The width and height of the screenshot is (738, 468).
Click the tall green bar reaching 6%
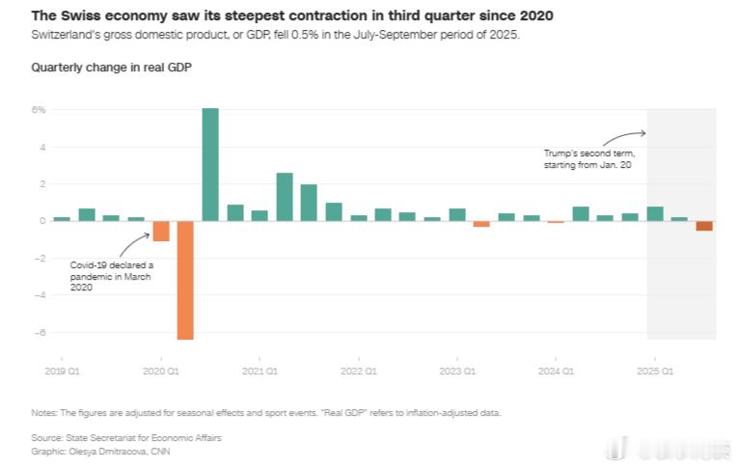[210, 164]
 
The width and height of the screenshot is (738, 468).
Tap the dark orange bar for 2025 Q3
[704, 226]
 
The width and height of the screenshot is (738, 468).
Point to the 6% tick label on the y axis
[39, 110]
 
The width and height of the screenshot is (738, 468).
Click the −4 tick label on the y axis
[40, 295]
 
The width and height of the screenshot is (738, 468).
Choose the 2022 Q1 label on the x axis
[358, 371]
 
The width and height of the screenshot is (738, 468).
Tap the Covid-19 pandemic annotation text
[112, 275]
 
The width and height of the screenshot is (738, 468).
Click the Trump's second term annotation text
[588, 159]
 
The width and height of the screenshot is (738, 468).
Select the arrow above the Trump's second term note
[630, 136]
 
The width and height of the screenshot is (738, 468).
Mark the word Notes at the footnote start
[44, 412]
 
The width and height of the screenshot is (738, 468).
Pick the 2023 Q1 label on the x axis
[457, 371]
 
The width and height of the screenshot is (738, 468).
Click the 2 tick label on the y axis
[42, 184]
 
